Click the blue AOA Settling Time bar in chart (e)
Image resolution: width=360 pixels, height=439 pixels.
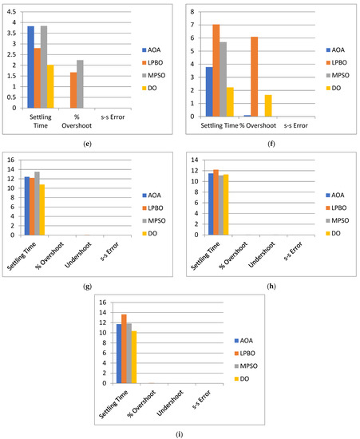[30, 67]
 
